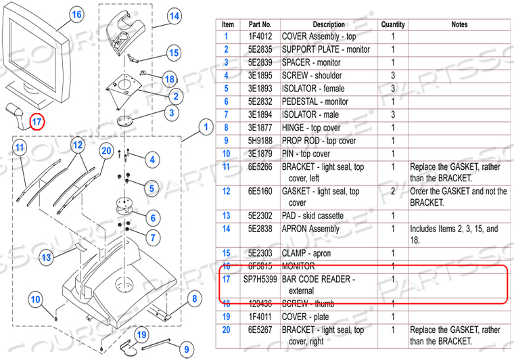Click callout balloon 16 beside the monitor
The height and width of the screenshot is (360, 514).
(76, 14)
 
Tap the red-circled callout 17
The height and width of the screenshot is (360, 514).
(38, 122)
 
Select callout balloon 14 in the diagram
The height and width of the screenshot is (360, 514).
(174, 16)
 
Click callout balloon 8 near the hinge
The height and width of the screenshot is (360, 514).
(193, 298)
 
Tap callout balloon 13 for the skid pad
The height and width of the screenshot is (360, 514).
(46, 257)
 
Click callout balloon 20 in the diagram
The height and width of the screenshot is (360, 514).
(106, 150)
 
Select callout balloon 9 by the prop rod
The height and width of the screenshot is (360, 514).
(185, 349)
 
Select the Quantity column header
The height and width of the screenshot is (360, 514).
(392, 24)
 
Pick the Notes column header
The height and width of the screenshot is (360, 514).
(459, 24)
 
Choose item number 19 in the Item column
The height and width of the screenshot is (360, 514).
(227, 317)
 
